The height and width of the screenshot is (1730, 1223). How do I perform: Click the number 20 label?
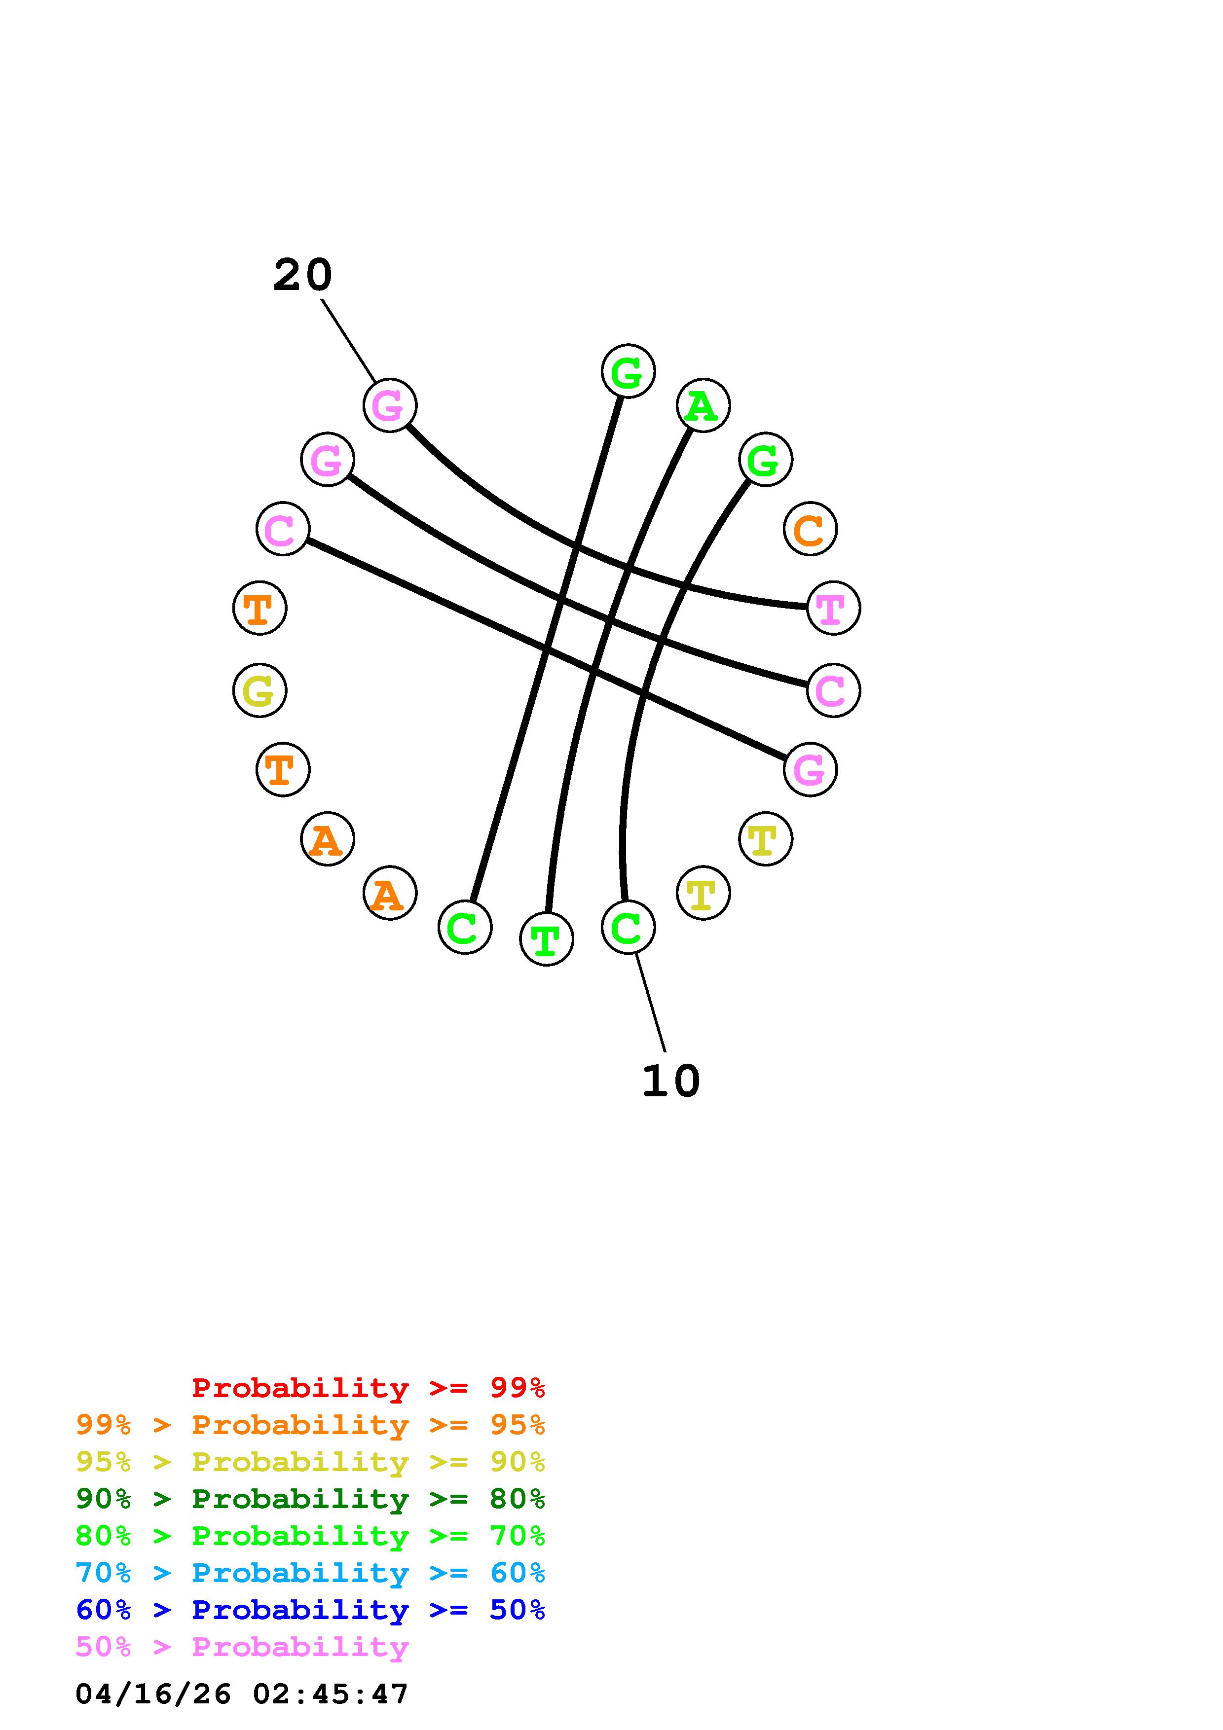click(x=302, y=275)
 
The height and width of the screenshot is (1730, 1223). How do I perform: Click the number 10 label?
click(x=670, y=1081)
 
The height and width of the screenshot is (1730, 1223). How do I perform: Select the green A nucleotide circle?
click(x=703, y=406)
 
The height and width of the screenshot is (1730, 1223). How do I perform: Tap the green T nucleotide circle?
click(x=546, y=939)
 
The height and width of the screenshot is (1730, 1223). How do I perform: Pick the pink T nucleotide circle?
click(x=833, y=608)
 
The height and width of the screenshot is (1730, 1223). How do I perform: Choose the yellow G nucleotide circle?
click(x=259, y=690)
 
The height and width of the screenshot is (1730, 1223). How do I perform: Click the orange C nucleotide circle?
click(x=810, y=529)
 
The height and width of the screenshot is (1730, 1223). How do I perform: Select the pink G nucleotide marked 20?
click(x=390, y=405)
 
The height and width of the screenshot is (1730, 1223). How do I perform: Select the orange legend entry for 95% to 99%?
click(x=310, y=1425)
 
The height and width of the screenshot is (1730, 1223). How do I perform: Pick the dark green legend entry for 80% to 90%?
click(x=310, y=1499)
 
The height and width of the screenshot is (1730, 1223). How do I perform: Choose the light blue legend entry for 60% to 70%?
click(x=310, y=1573)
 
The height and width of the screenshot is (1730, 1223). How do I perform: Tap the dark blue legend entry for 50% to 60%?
click(x=310, y=1610)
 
